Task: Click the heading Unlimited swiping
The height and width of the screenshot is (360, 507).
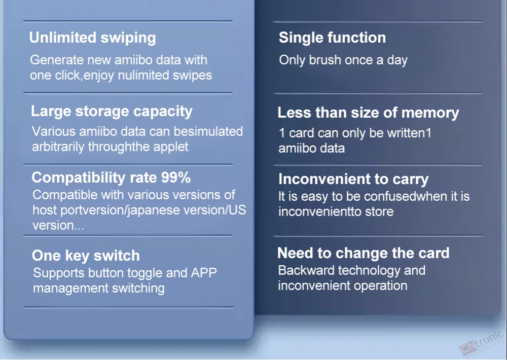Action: (x=92, y=38)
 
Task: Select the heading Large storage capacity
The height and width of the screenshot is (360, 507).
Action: (x=112, y=112)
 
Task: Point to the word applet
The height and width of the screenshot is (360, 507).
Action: (x=171, y=147)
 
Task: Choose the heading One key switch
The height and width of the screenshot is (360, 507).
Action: (x=86, y=256)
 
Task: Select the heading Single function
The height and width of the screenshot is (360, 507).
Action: (x=332, y=38)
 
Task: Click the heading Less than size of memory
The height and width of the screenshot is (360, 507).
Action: (x=368, y=113)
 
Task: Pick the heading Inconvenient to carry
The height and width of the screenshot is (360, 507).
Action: (x=353, y=179)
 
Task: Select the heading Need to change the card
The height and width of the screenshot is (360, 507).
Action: (x=364, y=253)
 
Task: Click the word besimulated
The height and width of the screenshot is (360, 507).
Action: (x=208, y=132)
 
